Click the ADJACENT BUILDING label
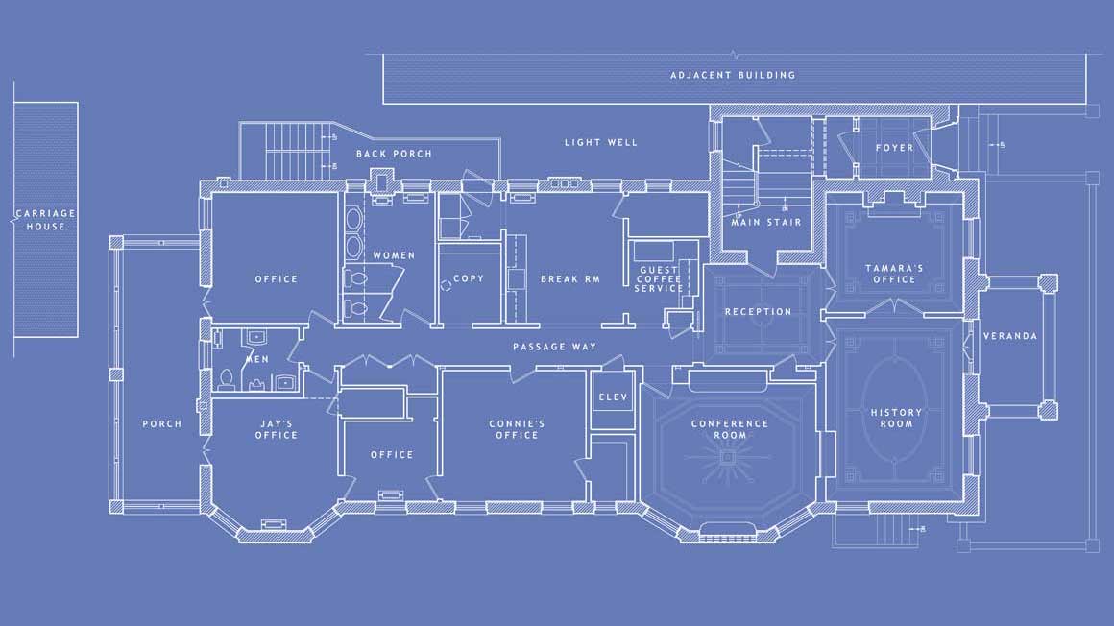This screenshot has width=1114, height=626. point(733,75)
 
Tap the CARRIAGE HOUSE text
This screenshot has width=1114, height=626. point(45,220)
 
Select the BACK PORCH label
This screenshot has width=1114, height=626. point(394,154)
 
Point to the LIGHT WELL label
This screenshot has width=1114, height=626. point(601,142)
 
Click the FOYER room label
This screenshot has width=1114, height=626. point(894,148)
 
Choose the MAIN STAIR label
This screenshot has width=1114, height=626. point(766,223)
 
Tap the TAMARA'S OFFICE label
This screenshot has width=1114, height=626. point(894,274)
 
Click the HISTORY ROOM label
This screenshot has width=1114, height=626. point(896,418)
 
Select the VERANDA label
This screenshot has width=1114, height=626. point(1010,335)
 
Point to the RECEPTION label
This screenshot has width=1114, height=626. point(758,311)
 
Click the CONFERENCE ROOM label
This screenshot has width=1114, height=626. point(730,429)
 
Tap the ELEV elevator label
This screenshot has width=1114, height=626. point(613,397)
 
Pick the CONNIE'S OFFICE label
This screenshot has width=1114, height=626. point(517,429)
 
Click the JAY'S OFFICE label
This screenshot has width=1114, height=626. point(277,429)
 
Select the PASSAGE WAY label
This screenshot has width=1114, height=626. point(554,347)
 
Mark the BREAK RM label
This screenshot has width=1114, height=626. point(569,279)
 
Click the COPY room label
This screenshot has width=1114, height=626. point(469,278)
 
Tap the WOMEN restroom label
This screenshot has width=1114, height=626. point(394,255)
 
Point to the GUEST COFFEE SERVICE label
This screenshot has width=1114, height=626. point(659,279)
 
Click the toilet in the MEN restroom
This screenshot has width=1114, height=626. point(227,379)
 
